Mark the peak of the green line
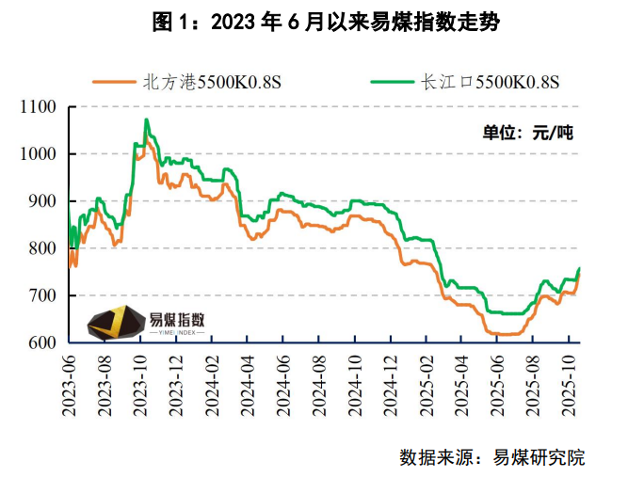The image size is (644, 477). click(x=146, y=120)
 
